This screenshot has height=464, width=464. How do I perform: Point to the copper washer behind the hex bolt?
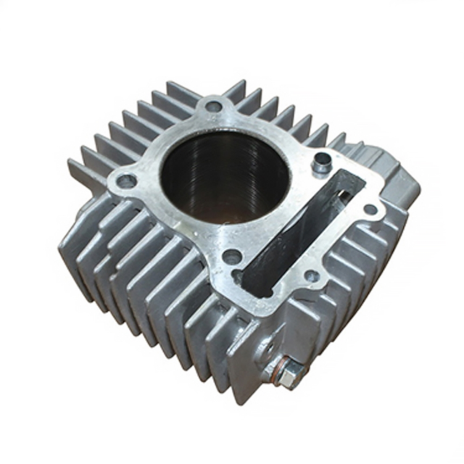(274, 370)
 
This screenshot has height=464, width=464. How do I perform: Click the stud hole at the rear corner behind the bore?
(213, 107)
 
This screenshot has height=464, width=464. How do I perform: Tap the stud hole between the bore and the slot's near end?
(232, 256)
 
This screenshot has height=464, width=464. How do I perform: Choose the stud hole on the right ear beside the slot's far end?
(370, 210)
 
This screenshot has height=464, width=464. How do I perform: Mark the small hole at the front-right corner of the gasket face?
(312, 275)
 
